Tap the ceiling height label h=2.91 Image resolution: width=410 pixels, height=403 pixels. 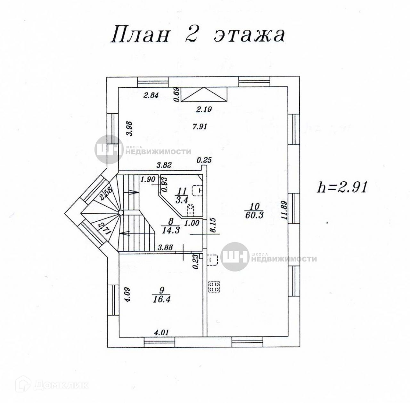[341, 187]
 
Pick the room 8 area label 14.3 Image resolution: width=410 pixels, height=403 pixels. [170, 229]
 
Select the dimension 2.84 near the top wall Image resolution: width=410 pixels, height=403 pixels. [151, 96]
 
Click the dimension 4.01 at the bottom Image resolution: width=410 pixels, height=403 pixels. [161, 333]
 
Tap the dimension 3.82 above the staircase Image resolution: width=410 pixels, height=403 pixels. [164, 165]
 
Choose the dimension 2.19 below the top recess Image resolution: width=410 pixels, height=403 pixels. [204, 109]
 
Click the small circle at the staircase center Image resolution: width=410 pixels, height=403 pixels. [120, 212]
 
